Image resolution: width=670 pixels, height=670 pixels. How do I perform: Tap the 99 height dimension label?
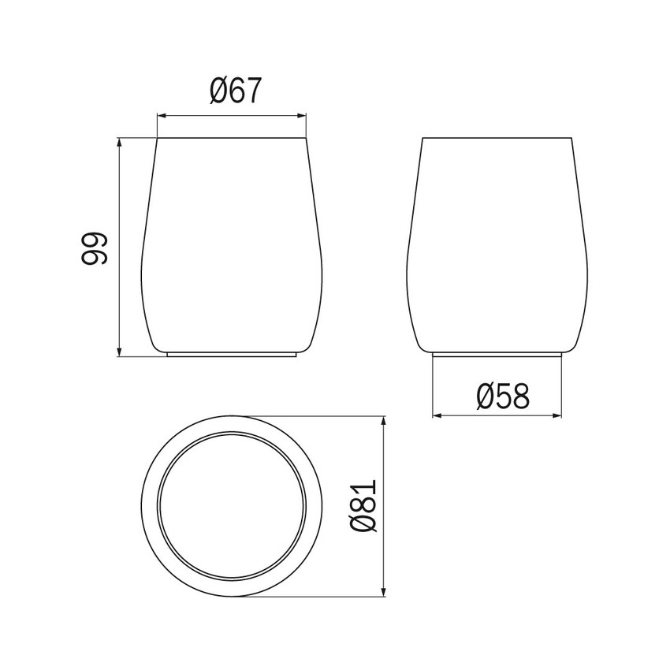[x=94, y=248]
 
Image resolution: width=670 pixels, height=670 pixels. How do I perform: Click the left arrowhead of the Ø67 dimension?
[x=161, y=116]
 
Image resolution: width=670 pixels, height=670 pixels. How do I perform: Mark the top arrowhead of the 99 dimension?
[x=119, y=143]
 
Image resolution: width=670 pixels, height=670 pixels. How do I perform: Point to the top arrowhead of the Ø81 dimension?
[x=384, y=415]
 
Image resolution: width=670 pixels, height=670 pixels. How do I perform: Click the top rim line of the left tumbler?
[x=232, y=139]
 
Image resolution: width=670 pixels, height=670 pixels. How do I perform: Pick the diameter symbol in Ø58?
[x=486, y=395]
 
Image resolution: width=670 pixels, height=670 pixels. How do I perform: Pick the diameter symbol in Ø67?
[x=220, y=92]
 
